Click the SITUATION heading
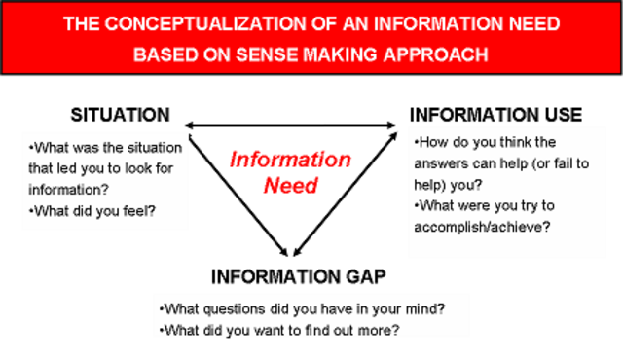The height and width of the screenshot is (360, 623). click(120, 115)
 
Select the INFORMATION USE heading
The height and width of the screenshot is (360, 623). click(496, 115)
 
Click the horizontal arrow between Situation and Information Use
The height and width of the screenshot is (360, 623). click(292, 125)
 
